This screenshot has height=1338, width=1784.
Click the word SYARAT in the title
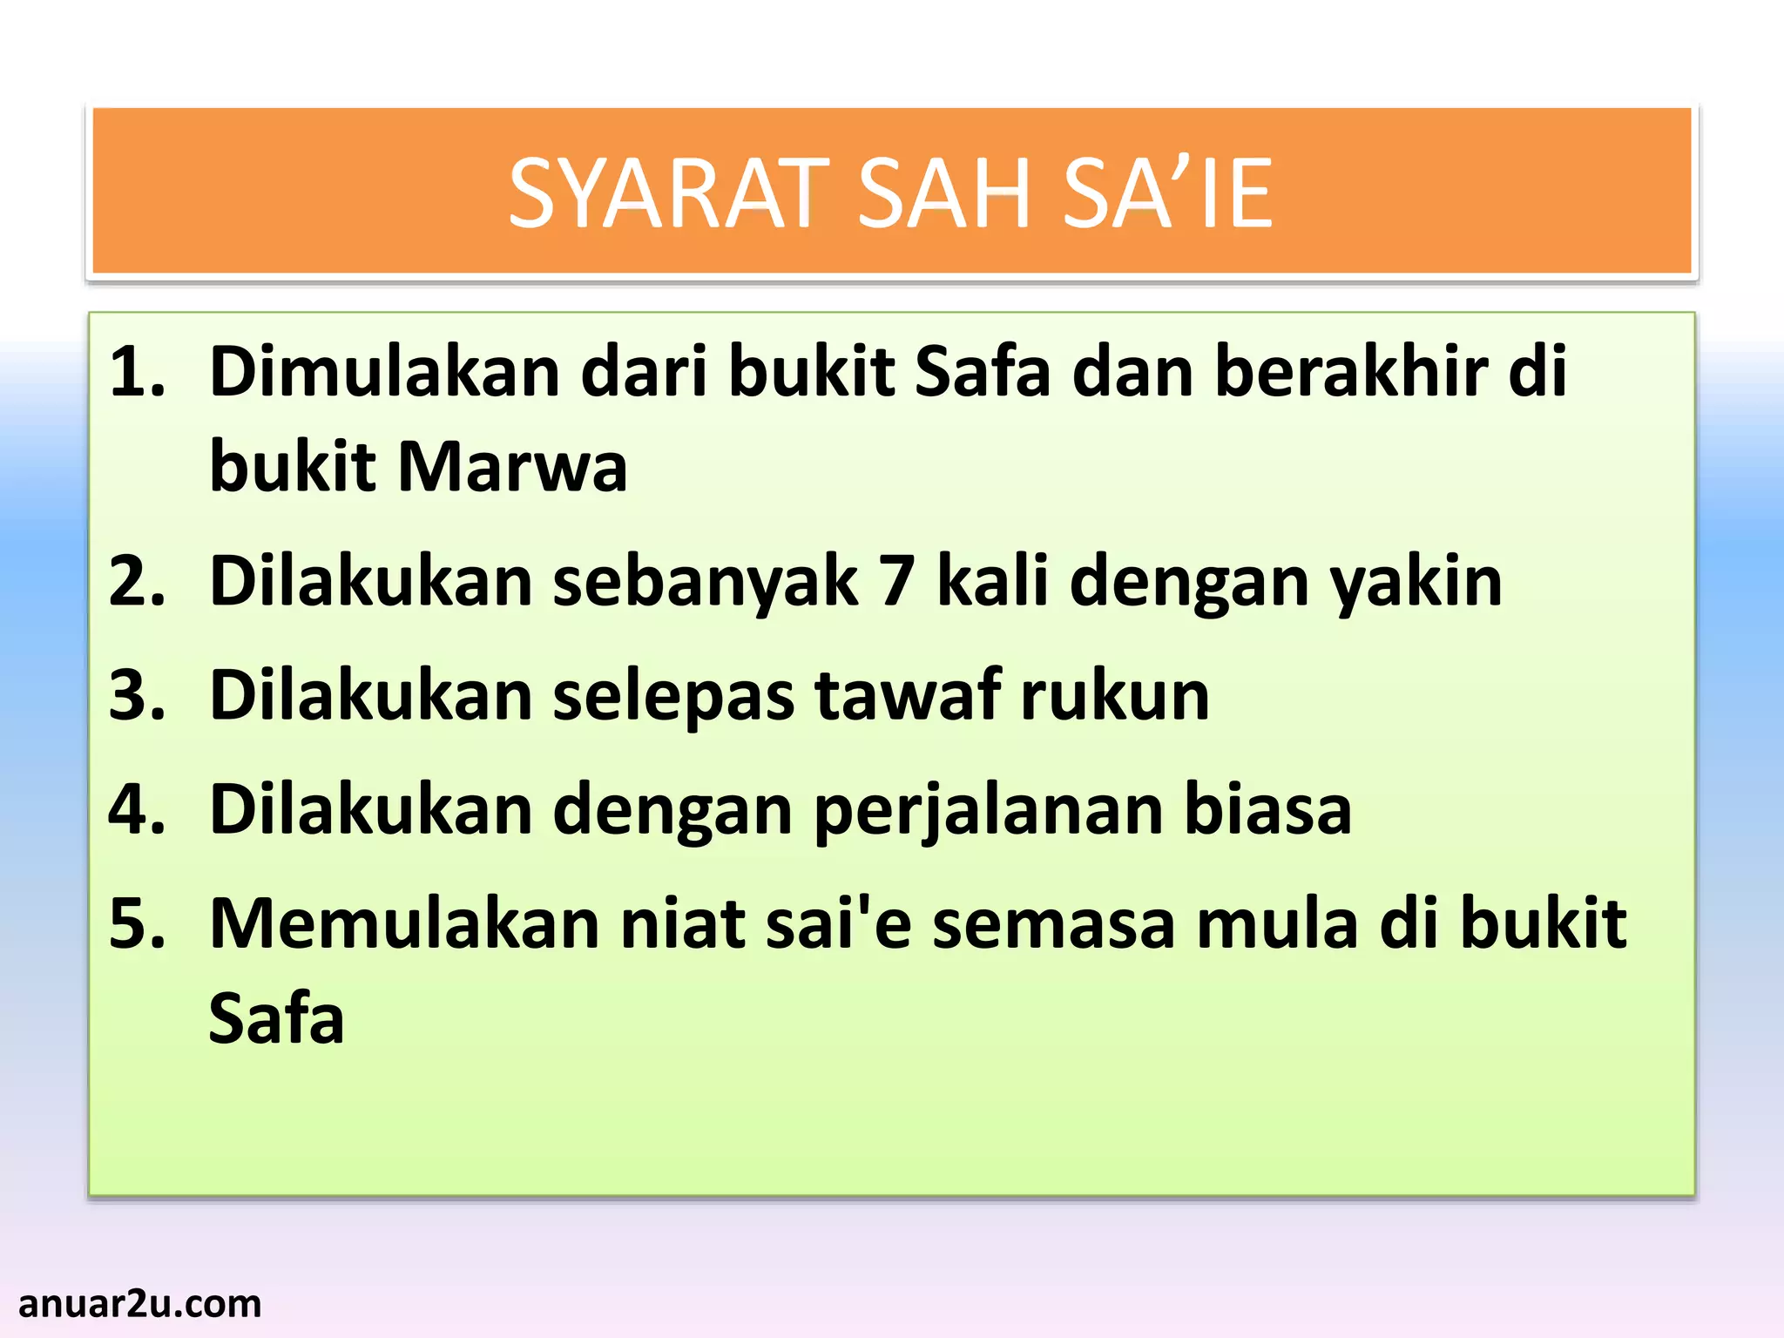click(668, 193)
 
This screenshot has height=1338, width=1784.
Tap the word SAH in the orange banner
click(945, 193)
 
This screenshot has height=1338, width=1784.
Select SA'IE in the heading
click(1167, 193)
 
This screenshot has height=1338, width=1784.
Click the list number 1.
click(137, 372)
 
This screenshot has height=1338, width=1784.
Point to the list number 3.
click(137, 696)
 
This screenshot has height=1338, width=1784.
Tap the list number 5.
click(137, 923)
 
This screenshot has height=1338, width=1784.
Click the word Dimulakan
click(384, 372)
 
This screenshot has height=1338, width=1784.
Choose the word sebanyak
click(706, 582)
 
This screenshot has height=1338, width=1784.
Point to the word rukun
click(1115, 696)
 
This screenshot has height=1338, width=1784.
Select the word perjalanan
click(989, 810)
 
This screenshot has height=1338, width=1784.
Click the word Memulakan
click(404, 923)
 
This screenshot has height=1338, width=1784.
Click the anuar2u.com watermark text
click(139, 1304)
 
